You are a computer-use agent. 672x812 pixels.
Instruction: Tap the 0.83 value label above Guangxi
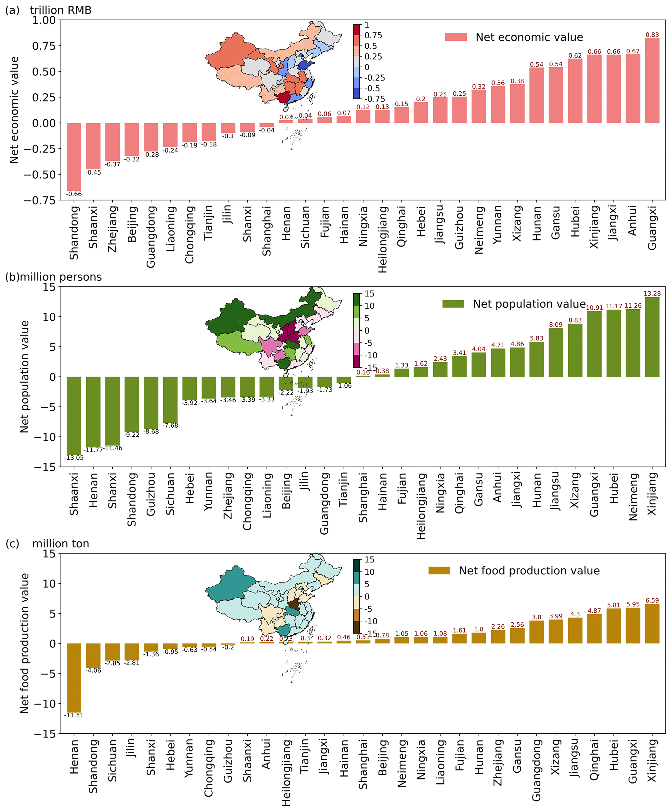[x=652, y=35]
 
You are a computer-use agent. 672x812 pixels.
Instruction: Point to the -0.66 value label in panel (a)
[x=74, y=194]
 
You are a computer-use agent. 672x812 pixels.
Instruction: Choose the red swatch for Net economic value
[x=456, y=37]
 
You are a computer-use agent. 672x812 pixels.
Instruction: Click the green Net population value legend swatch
[x=453, y=304]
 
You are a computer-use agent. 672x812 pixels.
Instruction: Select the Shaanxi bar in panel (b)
[x=74, y=416]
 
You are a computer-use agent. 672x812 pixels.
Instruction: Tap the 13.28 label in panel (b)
[x=652, y=293]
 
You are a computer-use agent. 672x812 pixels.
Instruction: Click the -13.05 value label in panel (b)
[x=74, y=458]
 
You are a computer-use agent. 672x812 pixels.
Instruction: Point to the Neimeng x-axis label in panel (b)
[x=633, y=497]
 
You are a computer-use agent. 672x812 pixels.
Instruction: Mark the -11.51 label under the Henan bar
[x=74, y=715]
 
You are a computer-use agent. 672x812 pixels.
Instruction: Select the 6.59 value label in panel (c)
[x=652, y=601]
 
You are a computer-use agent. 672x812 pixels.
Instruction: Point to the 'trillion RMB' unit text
[x=61, y=10]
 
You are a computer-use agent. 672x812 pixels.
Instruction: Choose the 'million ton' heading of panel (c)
[x=61, y=544]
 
